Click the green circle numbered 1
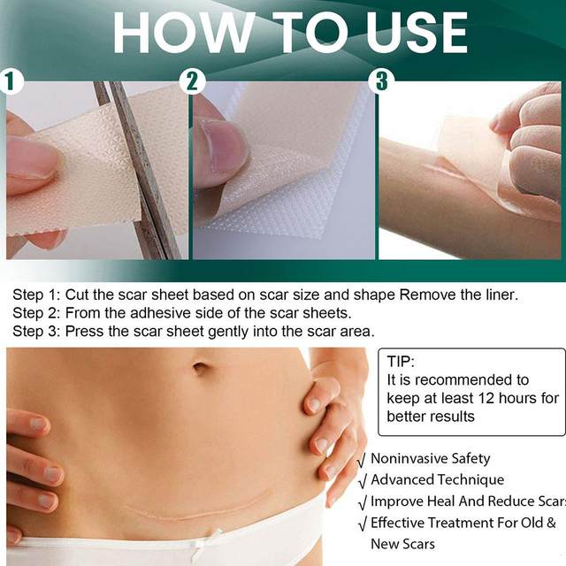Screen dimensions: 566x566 pyautogui.click(x=10, y=82)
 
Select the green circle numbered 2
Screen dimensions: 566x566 pyautogui.click(x=194, y=82)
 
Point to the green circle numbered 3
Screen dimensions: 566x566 pyautogui.click(x=381, y=82)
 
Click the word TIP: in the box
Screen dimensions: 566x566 pyautogui.click(x=401, y=362)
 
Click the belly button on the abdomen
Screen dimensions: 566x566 pyautogui.click(x=202, y=365)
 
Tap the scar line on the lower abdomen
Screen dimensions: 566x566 pyautogui.click(x=190, y=510)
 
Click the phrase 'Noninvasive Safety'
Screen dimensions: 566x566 pyautogui.click(x=430, y=459)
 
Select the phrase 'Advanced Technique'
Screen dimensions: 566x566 pyautogui.click(x=437, y=480)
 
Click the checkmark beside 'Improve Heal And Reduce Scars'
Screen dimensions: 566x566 pyautogui.click(x=362, y=502)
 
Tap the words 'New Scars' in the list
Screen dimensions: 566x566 pyautogui.click(x=402, y=544)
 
